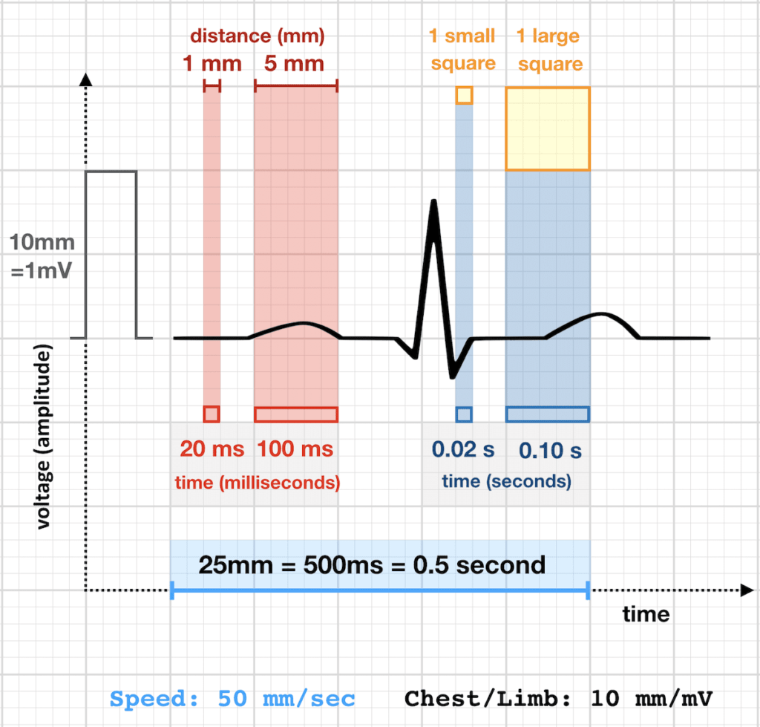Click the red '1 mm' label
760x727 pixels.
[x=212, y=63]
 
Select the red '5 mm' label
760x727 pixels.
[x=295, y=63]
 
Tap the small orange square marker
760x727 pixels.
[x=464, y=95]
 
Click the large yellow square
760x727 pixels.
[x=548, y=129]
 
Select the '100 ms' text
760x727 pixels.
[x=295, y=449]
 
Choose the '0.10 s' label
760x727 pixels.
[x=550, y=450]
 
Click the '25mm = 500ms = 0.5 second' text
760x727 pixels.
[x=372, y=565]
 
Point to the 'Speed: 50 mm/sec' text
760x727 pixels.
[x=232, y=699]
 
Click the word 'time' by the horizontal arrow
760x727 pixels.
[x=645, y=614]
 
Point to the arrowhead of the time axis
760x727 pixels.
[x=745, y=591]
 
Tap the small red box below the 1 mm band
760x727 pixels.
[x=212, y=414]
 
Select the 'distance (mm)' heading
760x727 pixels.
[x=258, y=36]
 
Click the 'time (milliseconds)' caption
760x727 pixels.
[x=258, y=482]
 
